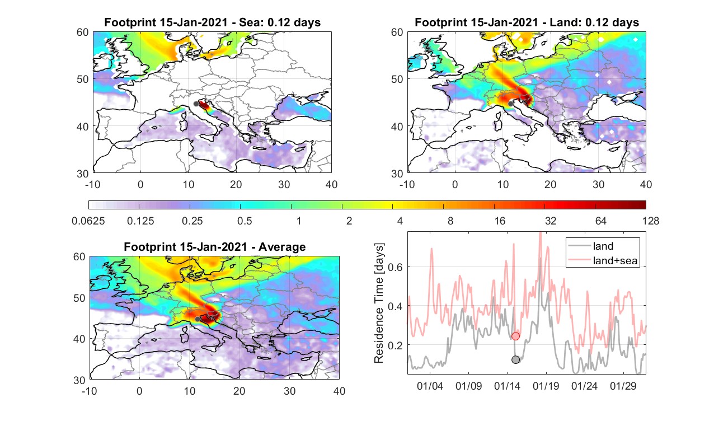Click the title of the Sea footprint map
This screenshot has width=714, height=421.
(212, 22)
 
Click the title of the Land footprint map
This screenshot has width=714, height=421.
(527, 22)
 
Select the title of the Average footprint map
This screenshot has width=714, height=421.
(214, 247)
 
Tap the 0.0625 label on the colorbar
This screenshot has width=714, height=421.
(88, 221)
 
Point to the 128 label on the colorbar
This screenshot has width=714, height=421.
(651, 221)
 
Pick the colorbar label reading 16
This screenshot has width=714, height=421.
(500, 221)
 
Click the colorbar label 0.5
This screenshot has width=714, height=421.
(245, 221)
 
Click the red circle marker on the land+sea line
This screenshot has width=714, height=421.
(515, 336)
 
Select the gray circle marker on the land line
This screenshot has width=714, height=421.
(515, 360)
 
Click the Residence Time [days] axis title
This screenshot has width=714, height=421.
(379, 303)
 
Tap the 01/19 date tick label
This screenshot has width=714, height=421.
(546, 386)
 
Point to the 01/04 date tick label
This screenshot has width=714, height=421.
(430, 386)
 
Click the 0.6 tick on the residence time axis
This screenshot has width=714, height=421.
(395, 267)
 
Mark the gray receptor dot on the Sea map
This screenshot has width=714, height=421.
(196, 104)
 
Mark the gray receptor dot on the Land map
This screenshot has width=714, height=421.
(510, 104)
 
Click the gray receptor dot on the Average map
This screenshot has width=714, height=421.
(198, 319)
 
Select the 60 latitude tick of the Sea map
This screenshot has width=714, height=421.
(83, 32)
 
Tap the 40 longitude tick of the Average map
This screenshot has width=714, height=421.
(339, 391)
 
